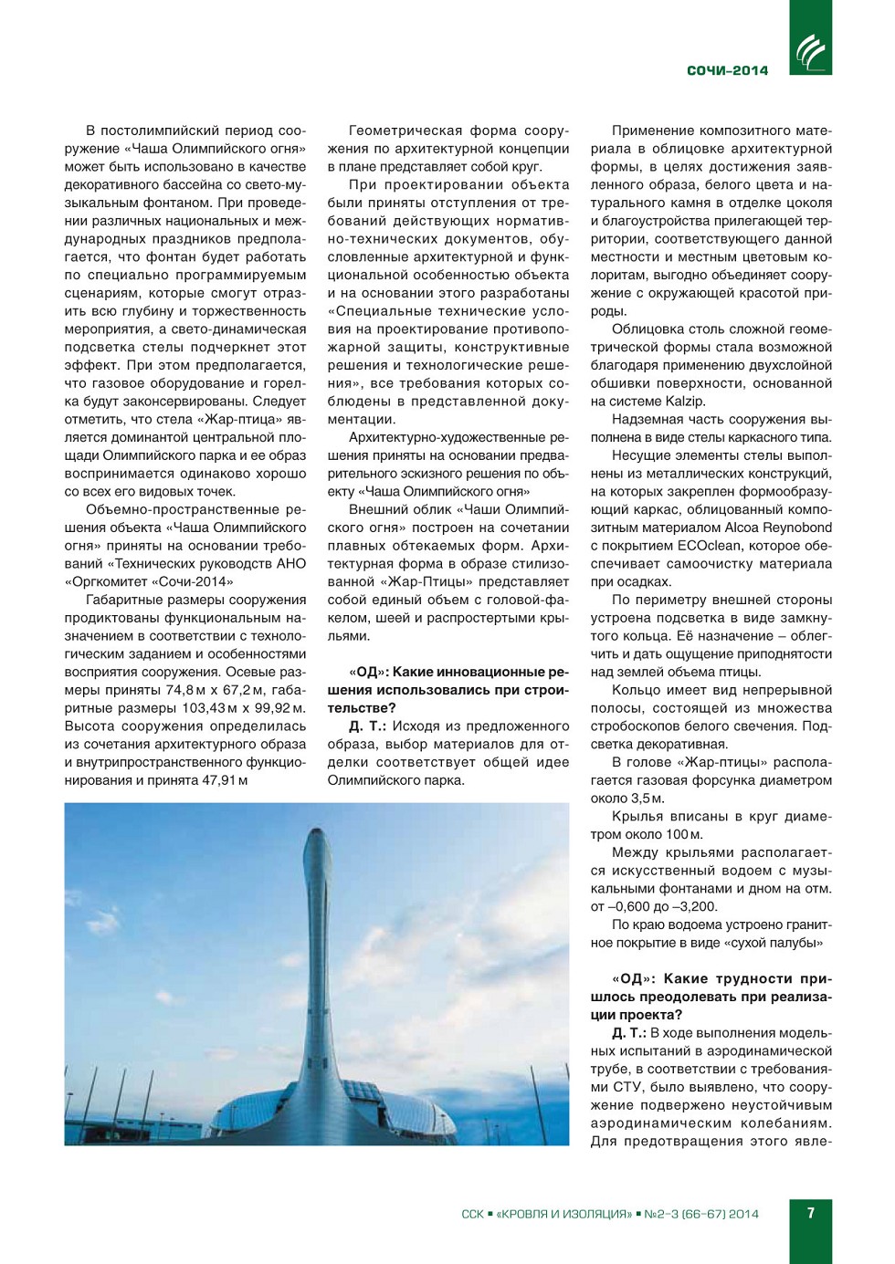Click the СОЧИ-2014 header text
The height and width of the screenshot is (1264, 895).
click(727, 70)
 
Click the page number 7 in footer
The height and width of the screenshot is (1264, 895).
click(810, 1213)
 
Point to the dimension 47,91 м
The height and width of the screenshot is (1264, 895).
click(225, 780)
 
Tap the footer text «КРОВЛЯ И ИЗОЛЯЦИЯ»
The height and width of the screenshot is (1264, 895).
click(563, 1214)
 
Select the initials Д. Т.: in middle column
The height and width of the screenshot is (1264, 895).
click(367, 726)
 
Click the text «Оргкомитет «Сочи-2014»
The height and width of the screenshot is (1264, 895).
click(149, 581)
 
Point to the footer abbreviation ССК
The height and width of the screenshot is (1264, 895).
click(472, 1214)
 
